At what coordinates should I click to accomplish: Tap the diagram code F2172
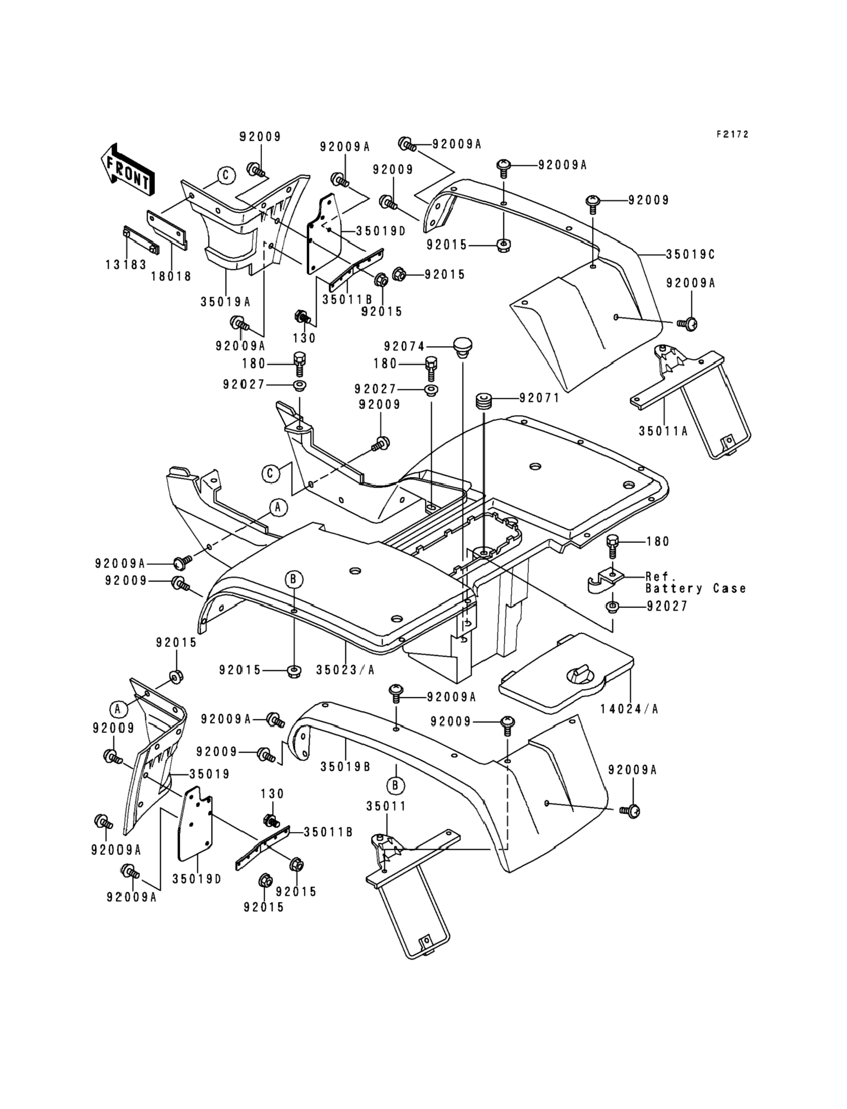[x=732, y=134]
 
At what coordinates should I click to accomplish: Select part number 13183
[x=125, y=264]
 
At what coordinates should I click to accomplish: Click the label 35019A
[x=225, y=302]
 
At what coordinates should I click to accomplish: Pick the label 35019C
[x=690, y=254]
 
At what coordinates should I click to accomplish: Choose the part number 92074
[x=404, y=347]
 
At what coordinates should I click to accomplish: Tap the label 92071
[x=539, y=398]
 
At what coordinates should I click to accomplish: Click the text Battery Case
[x=696, y=588]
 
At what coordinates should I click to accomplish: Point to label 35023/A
[x=346, y=670]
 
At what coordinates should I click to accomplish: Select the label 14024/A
[x=629, y=709]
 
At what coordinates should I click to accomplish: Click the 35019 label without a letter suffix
[x=209, y=774]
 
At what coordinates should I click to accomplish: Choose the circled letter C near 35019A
[x=226, y=175]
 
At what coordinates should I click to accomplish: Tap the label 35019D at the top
[x=381, y=231]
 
